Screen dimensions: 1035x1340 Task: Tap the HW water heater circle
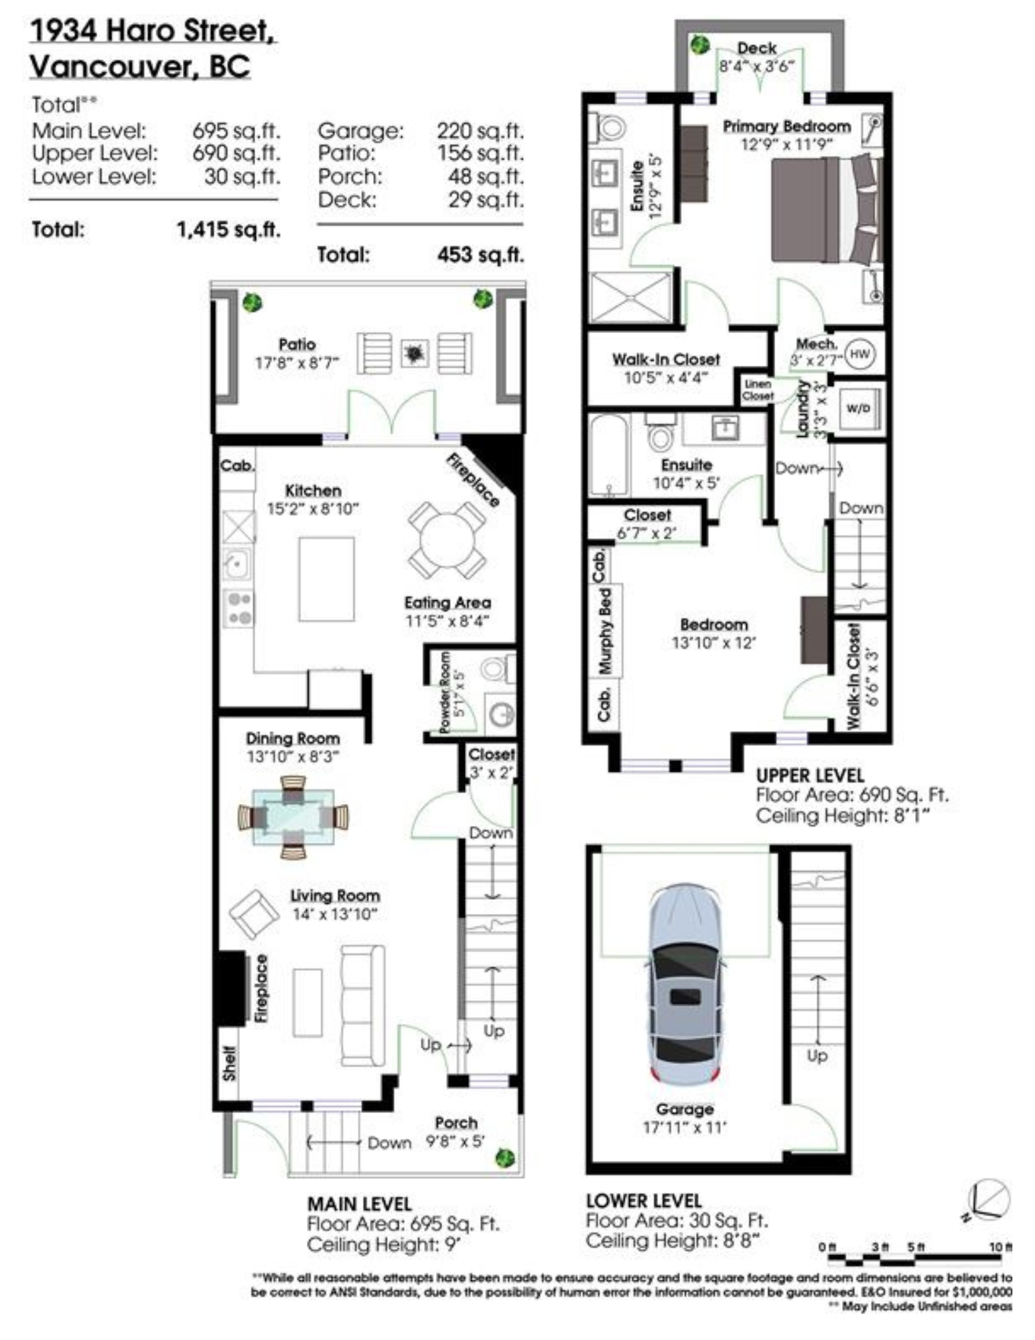[x=860, y=353]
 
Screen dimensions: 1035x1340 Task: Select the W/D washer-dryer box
[x=857, y=408]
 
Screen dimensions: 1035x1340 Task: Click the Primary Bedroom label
[x=786, y=126]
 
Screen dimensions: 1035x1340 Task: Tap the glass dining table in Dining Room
[x=293, y=817]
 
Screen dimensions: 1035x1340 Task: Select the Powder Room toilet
[x=497, y=669]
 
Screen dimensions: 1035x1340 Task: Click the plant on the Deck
[x=700, y=45]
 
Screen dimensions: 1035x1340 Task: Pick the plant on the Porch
[x=504, y=1157]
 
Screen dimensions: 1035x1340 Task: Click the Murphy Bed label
[x=605, y=630]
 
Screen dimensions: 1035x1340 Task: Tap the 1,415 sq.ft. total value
[x=228, y=230]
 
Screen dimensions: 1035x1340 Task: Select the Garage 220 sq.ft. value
[x=480, y=130]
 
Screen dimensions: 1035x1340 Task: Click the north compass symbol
[x=988, y=1199]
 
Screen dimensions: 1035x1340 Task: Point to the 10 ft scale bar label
[x=1000, y=1246]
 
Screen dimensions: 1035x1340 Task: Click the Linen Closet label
[x=758, y=390]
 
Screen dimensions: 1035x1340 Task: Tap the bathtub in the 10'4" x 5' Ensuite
[x=609, y=456]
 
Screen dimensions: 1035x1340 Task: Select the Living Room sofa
[x=362, y=1005]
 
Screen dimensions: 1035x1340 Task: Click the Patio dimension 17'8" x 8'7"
[x=297, y=363]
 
